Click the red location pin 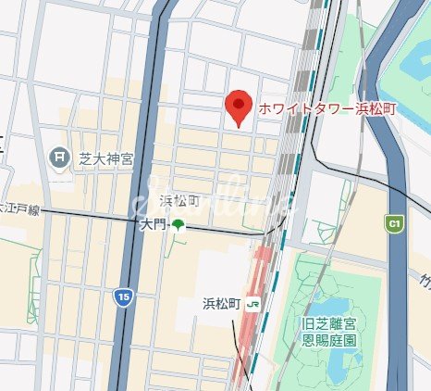(240, 107)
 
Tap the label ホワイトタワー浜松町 (315, 108)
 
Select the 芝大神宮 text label (104, 158)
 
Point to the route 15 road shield (123, 296)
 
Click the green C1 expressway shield (395, 223)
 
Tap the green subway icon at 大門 (177, 225)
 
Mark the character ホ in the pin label (265, 108)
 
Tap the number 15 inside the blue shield (123, 296)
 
